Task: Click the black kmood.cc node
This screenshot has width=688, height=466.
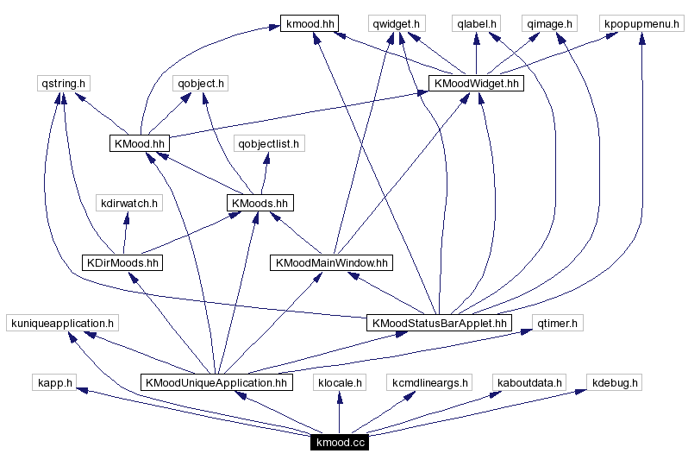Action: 341,443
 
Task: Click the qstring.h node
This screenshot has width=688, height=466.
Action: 65,84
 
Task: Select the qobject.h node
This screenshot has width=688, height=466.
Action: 200,84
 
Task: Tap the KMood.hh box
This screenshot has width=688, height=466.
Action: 139,143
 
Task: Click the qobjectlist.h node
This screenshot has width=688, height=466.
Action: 269,143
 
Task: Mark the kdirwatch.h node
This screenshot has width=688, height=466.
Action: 129,203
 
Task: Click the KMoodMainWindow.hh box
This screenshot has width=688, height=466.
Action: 331,262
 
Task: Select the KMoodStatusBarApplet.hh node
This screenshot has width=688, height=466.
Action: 439,323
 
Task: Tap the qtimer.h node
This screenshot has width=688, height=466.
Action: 558,323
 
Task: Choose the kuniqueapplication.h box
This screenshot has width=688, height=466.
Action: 61,323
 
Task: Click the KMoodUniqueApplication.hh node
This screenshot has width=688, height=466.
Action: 216,382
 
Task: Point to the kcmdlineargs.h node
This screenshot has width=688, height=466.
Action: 429,382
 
